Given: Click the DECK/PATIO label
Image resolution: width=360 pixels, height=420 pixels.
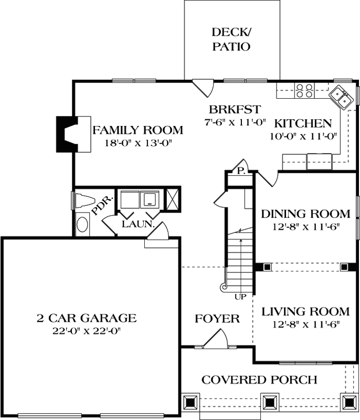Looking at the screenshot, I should coord(231,39).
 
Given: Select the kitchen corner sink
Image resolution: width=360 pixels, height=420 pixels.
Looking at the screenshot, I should coord(340,98).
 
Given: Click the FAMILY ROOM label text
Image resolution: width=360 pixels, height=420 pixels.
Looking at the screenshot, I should coord(138,130).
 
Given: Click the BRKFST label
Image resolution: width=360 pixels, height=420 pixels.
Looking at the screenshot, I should coord(235,110).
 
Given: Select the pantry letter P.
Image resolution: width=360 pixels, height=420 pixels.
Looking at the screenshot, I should coord(240,170).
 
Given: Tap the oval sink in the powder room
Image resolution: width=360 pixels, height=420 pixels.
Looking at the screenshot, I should coord(83,225).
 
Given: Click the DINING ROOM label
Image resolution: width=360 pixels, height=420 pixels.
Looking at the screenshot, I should coord(305,214).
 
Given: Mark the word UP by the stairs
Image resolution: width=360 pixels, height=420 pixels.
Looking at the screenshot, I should coord(240,297).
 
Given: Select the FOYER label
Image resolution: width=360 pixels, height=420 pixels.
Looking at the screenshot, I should coord(217,319).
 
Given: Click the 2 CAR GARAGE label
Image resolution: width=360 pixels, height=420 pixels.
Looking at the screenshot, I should coord(87,318).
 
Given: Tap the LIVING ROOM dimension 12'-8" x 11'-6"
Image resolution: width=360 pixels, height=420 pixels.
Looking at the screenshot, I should coord(305,324).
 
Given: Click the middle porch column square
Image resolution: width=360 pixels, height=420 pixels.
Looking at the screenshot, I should coord(270,402).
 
